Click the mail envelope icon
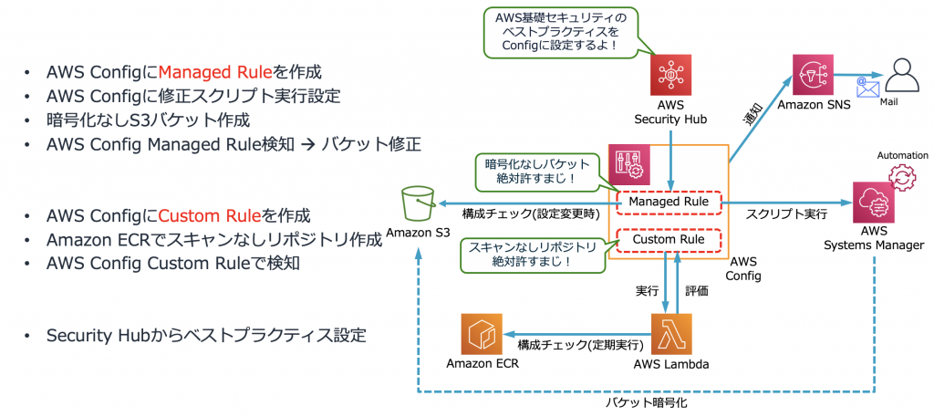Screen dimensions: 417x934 (x=867, y=87)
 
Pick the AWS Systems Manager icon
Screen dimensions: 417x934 (x=873, y=203)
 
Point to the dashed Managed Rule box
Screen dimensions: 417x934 (x=669, y=201)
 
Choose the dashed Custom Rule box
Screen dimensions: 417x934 (x=669, y=240)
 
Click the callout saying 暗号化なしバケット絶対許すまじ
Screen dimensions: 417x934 (x=530, y=171)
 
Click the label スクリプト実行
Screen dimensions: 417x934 (x=786, y=214)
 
